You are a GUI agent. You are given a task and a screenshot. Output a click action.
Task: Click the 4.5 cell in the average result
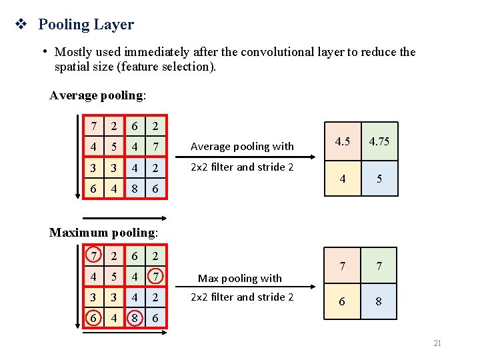(343, 141)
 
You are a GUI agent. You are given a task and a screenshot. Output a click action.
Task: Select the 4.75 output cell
(379, 141)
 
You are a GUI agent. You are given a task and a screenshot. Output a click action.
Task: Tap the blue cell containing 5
(379, 179)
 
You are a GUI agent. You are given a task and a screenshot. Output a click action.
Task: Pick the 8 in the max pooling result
(379, 301)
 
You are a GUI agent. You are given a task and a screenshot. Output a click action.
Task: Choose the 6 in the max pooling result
(343, 301)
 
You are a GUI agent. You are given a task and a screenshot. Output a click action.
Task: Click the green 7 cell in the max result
(379, 266)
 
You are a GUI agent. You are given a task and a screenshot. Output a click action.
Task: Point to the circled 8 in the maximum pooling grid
(135, 319)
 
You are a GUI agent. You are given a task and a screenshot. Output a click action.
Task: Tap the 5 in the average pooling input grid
(114, 146)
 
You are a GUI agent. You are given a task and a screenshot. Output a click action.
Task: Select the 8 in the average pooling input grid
(135, 189)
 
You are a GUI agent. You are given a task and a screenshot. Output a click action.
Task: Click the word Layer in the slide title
(115, 25)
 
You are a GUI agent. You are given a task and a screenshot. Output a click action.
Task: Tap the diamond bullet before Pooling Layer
(20, 25)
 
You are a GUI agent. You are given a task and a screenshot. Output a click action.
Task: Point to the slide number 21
(437, 343)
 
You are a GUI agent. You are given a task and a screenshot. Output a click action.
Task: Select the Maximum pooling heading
(104, 233)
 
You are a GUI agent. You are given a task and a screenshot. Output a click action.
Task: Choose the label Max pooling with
(240, 278)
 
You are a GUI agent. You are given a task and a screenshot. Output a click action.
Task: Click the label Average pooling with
(242, 146)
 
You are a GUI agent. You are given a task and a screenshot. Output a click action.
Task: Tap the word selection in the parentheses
(189, 67)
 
